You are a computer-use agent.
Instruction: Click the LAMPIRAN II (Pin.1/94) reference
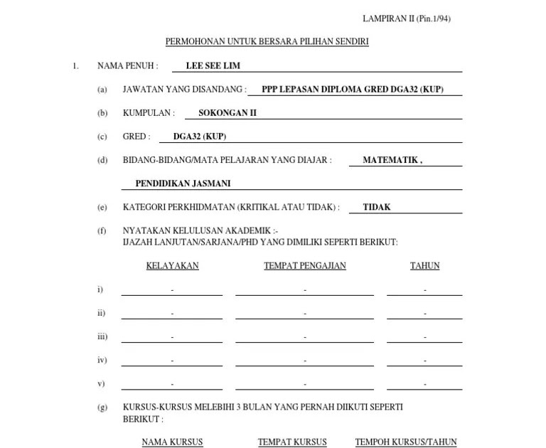point(406,18)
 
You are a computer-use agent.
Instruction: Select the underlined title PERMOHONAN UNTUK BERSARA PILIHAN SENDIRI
point(267,42)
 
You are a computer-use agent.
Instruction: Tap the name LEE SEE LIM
point(213,65)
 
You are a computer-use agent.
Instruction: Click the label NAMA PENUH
point(127,65)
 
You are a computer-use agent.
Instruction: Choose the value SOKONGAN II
point(227,113)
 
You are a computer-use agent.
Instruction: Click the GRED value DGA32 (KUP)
point(200,137)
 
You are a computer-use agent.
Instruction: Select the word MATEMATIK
point(392,160)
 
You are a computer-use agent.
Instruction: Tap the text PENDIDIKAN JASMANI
point(183,183)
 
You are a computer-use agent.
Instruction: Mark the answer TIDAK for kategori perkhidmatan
point(377,208)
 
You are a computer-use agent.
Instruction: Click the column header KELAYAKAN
point(172,266)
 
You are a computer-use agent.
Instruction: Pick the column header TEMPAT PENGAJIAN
point(304,266)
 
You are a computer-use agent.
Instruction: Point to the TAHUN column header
point(424,266)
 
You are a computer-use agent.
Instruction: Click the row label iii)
point(102,336)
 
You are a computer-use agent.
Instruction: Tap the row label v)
point(101,383)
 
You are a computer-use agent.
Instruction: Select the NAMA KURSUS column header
point(172,442)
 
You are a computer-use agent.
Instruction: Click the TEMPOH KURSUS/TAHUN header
point(406,442)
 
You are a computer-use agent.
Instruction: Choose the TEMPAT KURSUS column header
point(292,442)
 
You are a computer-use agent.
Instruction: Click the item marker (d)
point(102,160)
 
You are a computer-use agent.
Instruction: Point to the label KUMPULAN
point(148,113)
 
